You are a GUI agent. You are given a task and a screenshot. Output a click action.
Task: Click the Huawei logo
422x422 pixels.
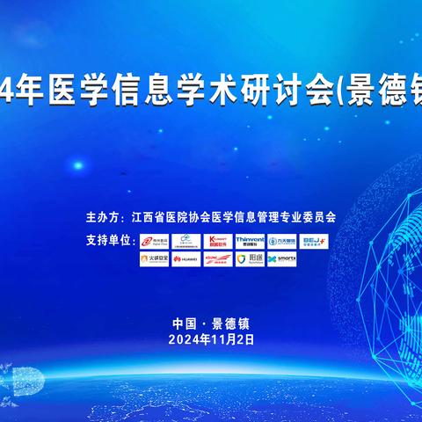[x=186, y=259]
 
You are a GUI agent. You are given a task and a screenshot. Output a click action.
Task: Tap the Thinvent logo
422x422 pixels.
[x=251, y=240]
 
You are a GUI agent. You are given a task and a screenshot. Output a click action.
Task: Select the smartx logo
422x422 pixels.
[x=282, y=259]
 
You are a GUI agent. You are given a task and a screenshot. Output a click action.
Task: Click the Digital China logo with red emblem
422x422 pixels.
[x=154, y=240]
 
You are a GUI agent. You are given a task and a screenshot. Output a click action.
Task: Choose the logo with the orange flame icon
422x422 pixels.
[x=154, y=259]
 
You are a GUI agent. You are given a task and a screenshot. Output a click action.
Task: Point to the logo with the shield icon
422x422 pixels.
[x=250, y=259]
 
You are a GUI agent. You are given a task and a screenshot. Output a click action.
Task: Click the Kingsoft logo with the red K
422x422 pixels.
[x=218, y=240]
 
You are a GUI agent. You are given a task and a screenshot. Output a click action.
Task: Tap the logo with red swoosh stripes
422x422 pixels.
[x=218, y=259]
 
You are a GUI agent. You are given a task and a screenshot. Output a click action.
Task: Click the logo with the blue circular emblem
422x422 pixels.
[x=282, y=240]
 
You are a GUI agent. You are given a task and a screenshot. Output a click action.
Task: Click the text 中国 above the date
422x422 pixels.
[x=186, y=323]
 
